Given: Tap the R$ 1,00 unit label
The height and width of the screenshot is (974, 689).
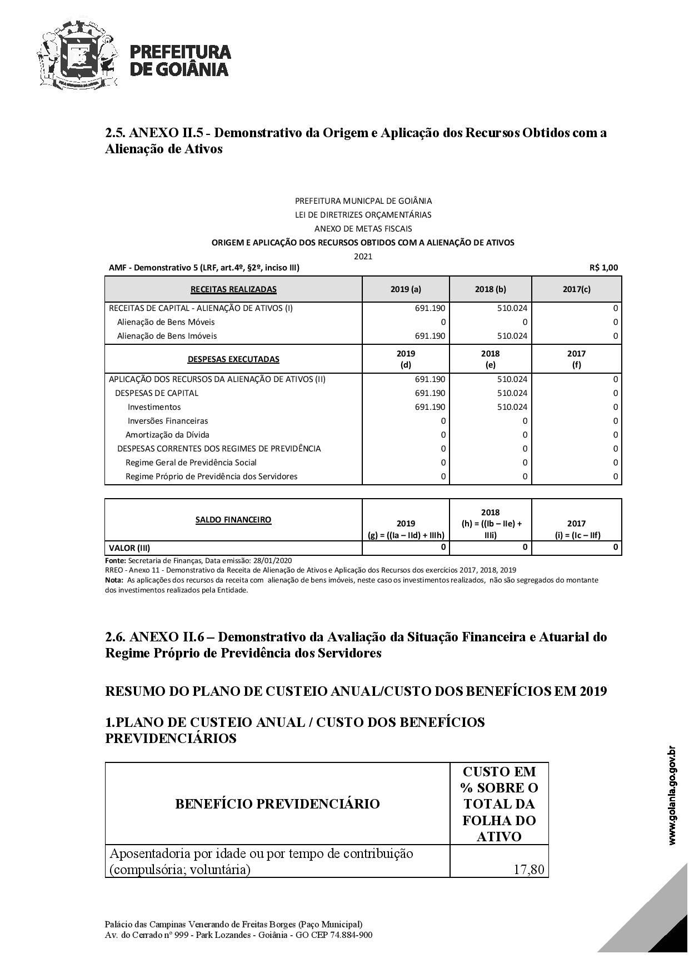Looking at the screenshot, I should click(603, 268).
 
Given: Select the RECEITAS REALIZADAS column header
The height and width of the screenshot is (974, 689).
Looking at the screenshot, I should click(233, 289).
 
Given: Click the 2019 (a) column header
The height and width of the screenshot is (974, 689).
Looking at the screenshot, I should click(406, 289).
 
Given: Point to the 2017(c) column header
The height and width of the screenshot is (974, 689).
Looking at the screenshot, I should click(576, 289).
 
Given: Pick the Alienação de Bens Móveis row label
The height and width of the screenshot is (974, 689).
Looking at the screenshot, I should click(166, 322).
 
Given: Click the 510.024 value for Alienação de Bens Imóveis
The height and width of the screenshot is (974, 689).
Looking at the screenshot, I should click(512, 336).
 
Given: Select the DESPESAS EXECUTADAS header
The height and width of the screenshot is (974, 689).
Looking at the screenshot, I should click(233, 359).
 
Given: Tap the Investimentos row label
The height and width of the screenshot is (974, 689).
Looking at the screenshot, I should click(154, 407).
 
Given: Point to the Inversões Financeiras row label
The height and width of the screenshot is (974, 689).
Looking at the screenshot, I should click(168, 421).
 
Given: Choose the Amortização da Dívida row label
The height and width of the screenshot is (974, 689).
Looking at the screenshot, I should click(167, 435).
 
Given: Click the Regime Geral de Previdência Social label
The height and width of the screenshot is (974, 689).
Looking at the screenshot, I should click(191, 463).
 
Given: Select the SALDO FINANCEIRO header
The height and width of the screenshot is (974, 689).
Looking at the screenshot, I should click(233, 520).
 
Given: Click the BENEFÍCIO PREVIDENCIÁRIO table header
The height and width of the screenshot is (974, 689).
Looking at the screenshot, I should click(277, 804).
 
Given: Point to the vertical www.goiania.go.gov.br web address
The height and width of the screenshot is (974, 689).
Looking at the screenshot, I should click(672, 795).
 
